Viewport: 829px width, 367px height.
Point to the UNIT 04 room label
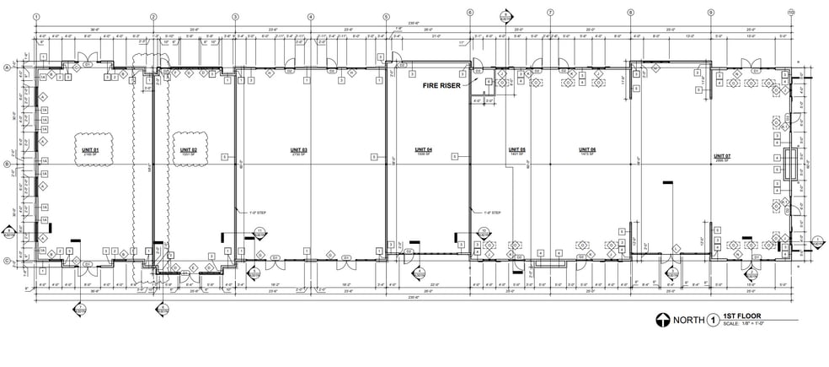click(x=423, y=149)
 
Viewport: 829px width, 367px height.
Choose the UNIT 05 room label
click(x=516, y=149)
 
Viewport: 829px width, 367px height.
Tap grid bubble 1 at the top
click(x=36, y=16)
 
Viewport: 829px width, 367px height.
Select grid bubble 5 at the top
click(x=386, y=16)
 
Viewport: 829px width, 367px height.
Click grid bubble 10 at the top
click(x=791, y=13)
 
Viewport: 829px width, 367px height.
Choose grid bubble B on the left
click(x=8, y=165)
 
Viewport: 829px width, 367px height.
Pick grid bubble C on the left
click(x=8, y=261)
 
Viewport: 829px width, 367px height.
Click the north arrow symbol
click(x=666, y=320)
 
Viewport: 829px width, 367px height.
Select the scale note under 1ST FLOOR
click(x=741, y=325)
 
